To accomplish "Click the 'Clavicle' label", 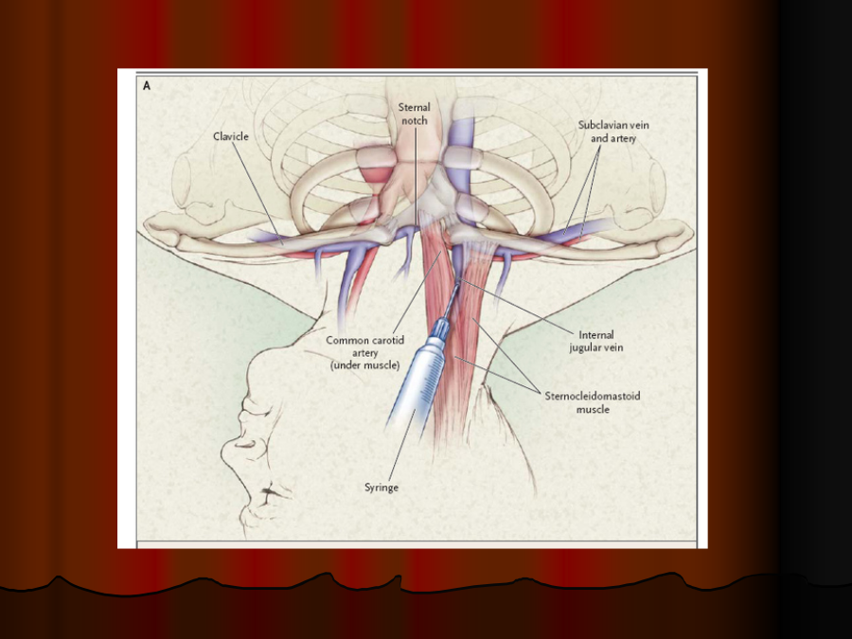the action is [230, 136].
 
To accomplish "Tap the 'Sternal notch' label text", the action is [414, 114].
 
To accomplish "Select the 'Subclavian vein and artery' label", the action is [613, 132].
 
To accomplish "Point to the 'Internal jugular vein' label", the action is [596, 341].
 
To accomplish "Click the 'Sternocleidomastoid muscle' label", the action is [593, 402].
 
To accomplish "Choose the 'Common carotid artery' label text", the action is [365, 346].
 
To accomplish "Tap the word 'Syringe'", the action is [382, 488].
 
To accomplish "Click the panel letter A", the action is [147, 86].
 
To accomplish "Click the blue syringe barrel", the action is [418, 382].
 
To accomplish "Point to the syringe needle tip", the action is [458, 281].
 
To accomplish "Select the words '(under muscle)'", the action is [365, 365].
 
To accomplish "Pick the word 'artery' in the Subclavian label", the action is [624, 138].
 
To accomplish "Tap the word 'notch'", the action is [415, 120].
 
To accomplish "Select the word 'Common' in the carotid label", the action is [345, 340].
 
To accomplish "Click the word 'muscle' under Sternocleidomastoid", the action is [593, 409].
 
